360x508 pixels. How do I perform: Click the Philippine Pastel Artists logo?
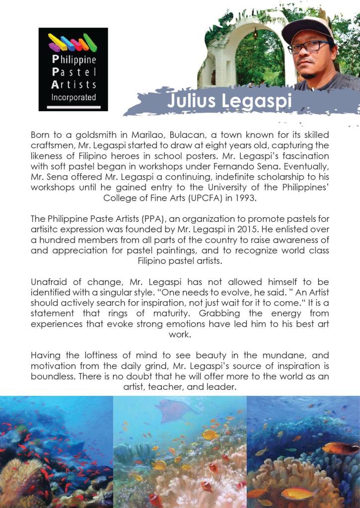click(73, 69)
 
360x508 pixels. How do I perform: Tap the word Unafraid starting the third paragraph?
click(50, 282)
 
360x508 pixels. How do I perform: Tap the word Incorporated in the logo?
click(73, 97)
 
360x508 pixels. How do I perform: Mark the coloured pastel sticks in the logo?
click(72, 44)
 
